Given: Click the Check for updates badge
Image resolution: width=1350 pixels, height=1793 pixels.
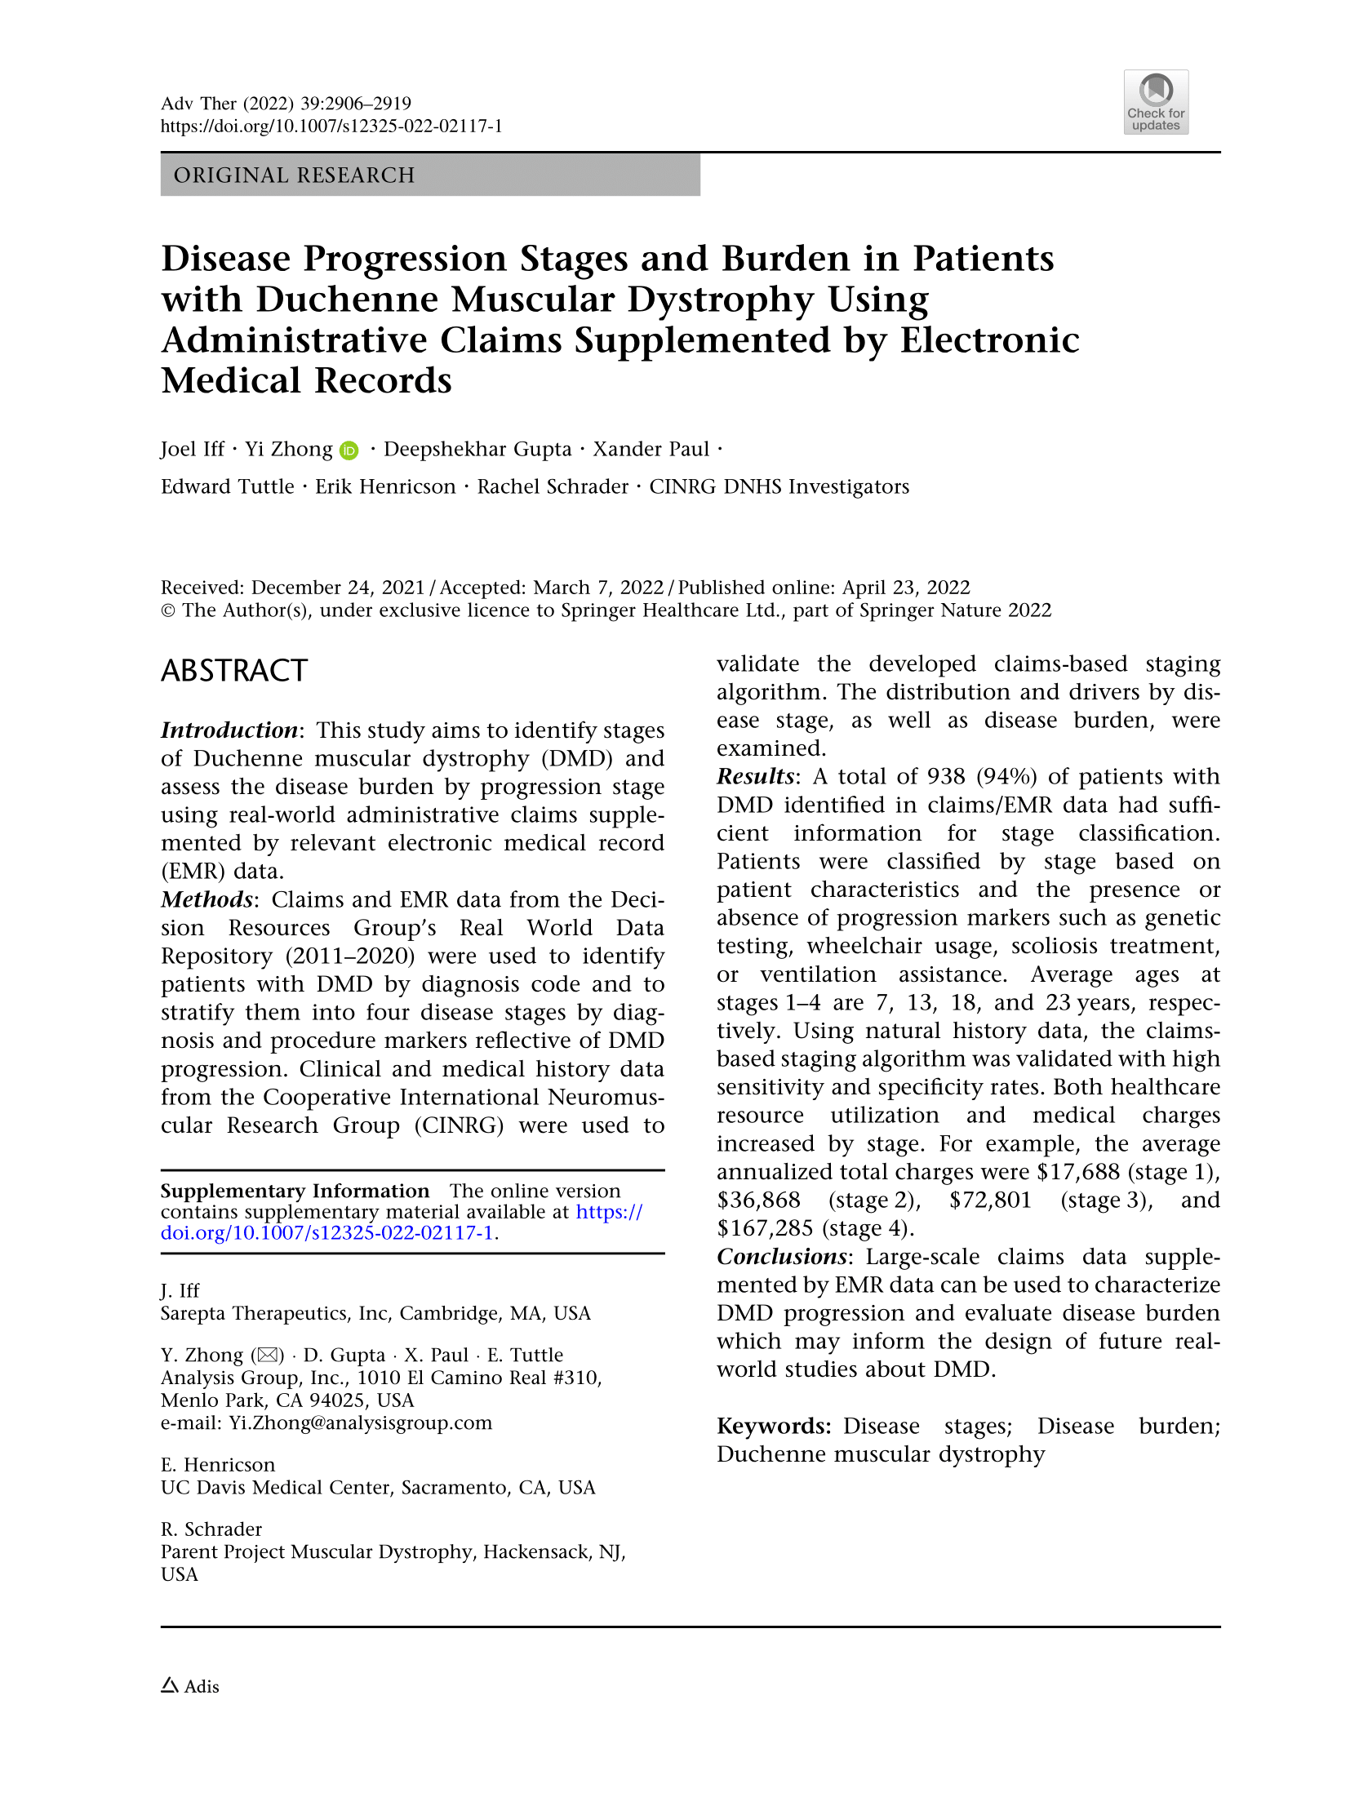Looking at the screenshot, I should (x=1155, y=102).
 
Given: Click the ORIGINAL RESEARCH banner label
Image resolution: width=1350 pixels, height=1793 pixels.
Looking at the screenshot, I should (x=294, y=175).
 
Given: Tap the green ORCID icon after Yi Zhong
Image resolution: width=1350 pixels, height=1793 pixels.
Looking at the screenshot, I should (x=349, y=450).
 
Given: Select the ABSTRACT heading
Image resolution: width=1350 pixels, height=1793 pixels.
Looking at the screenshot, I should (x=233, y=671).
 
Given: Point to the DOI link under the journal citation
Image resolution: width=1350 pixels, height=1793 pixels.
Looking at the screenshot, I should (x=331, y=126).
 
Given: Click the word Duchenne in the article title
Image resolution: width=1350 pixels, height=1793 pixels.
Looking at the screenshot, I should (x=347, y=300).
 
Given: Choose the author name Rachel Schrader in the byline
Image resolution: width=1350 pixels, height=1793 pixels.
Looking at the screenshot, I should (x=553, y=487).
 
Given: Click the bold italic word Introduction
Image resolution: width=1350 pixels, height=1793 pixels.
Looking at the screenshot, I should (x=229, y=730).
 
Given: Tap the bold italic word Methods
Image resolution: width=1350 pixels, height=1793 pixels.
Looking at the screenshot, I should (x=206, y=899).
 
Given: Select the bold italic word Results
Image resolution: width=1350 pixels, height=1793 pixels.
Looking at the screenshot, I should (x=755, y=776).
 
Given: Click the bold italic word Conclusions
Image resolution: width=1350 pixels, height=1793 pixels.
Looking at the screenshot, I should (x=781, y=1257).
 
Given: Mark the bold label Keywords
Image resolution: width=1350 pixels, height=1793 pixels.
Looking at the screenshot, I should (x=773, y=1427).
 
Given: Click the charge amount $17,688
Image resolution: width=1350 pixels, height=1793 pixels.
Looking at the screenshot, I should (x=1078, y=1172).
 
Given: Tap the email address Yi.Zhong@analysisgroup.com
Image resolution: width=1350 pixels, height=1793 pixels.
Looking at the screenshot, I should (x=360, y=1423).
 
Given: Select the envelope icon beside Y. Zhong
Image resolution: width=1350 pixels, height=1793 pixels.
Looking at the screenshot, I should (x=267, y=1356).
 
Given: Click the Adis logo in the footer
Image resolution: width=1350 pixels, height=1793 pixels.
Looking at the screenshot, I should (x=190, y=1686).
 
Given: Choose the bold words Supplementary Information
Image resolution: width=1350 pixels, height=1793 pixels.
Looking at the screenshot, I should (x=295, y=1192).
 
